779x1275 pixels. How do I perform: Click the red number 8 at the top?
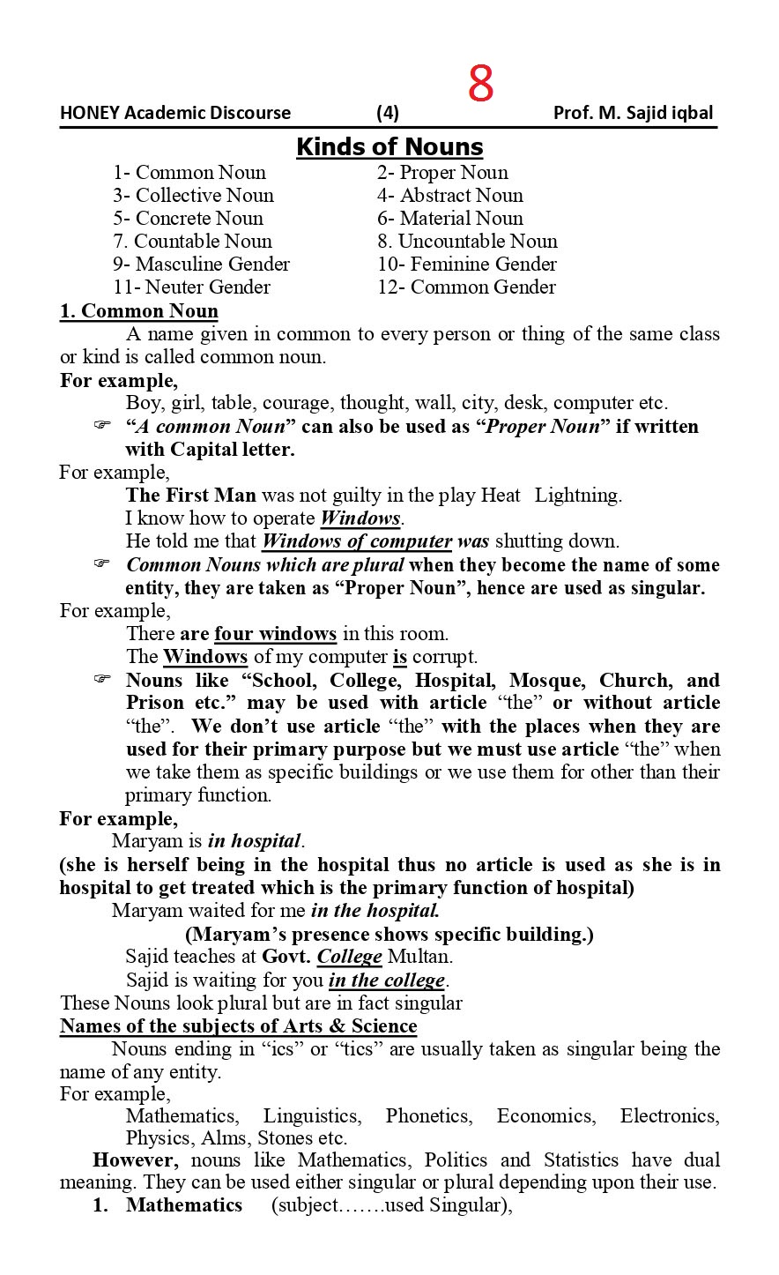(x=480, y=86)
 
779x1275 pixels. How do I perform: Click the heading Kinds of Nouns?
(x=389, y=146)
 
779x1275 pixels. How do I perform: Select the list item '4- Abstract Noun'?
(x=449, y=196)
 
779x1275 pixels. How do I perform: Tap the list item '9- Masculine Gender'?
(x=201, y=265)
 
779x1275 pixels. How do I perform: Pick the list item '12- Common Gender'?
(x=466, y=287)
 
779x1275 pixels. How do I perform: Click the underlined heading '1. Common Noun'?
(x=138, y=311)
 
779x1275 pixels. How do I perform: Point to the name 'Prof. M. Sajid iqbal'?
(x=633, y=113)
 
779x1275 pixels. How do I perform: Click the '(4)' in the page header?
(x=388, y=113)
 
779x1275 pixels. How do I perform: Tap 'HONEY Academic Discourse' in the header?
(x=175, y=113)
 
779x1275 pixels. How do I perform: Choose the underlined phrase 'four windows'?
(x=275, y=634)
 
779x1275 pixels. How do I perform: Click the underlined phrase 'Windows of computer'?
(x=357, y=541)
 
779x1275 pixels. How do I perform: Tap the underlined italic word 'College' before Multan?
(x=349, y=957)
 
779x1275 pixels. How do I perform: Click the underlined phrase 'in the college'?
(x=386, y=980)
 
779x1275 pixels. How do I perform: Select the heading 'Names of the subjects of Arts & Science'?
(x=238, y=1026)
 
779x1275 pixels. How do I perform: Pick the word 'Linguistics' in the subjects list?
(x=311, y=1116)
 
